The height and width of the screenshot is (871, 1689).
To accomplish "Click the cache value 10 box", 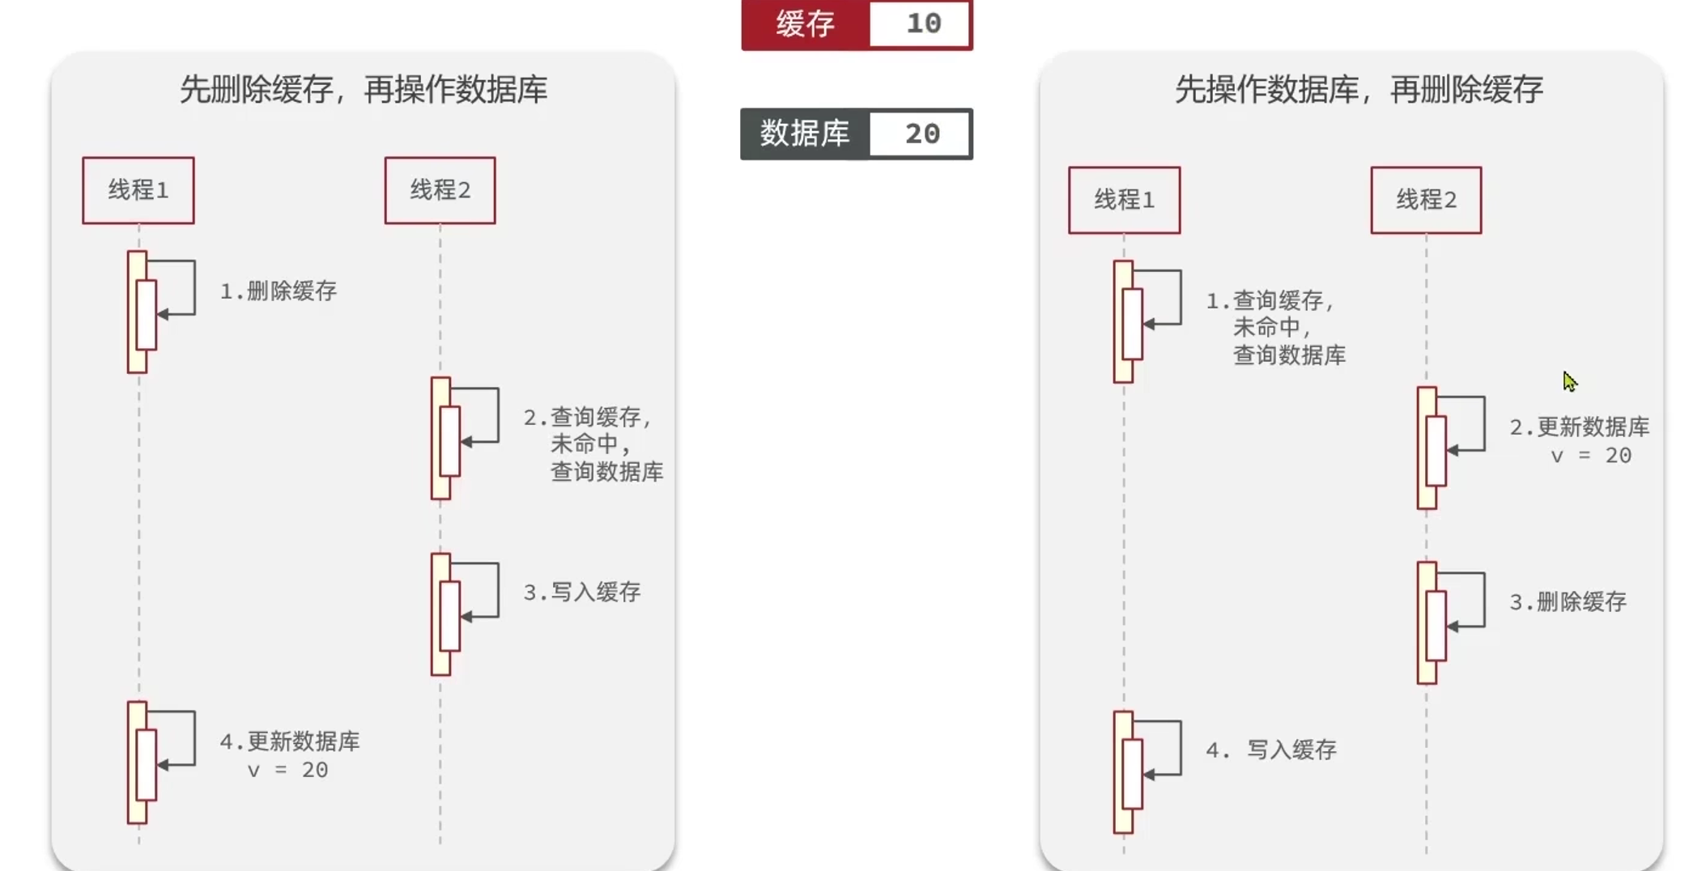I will [920, 23].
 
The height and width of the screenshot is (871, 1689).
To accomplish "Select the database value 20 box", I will [920, 134].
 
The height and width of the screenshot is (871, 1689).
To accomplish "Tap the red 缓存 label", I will [805, 24].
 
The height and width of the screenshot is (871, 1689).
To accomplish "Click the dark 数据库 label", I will [805, 134].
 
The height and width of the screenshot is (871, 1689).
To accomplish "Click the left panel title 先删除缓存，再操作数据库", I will [363, 89].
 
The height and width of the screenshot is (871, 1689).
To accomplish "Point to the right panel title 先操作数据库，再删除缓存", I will [1359, 89].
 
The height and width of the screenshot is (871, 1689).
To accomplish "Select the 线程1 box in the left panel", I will [138, 190].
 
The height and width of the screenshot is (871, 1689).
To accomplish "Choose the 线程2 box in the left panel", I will [440, 190].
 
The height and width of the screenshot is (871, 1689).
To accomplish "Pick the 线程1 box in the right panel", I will [1124, 200].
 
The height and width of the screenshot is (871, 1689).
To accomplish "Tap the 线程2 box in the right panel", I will [1426, 200].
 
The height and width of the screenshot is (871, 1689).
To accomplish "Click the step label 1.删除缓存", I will [279, 291].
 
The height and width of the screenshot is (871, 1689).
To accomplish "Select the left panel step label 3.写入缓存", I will [582, 593].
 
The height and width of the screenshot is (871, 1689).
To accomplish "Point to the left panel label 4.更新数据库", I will [290, 741].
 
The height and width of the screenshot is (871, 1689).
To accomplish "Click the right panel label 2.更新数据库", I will [1579, 427].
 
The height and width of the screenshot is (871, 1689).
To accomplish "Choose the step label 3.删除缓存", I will [1568, 602].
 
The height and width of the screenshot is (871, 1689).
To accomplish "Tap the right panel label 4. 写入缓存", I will [1271, 750].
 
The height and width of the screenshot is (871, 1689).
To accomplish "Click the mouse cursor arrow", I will [1569, 381].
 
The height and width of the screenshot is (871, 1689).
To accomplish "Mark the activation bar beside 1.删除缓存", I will [138, 312].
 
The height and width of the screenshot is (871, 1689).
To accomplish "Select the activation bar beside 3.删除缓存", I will [1427, 623].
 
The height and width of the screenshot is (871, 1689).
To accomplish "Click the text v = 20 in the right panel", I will [1590, 456].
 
